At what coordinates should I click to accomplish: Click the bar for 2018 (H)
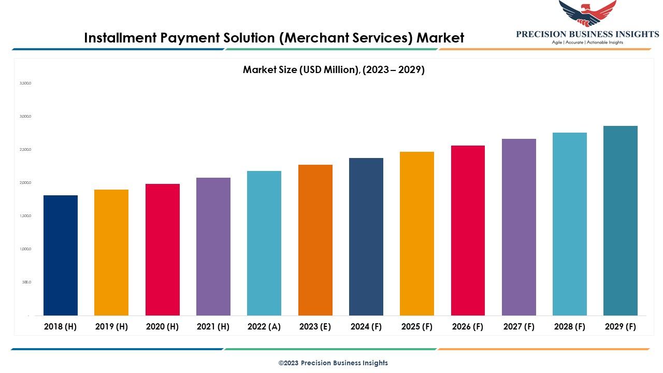pyautogui.click(x=61, y=255)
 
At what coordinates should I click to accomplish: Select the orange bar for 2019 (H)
pyautogui.click(x=111, y=252)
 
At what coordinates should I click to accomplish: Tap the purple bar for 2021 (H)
pyautogui.click(x=213, y=247)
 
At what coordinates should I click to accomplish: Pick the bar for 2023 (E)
pyautogui.click(x=315, y=240)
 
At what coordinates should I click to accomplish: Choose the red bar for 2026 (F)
pyautogui.click(x=468, y=231)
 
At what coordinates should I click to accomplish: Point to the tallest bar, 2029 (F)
pyautogui.click(x=621, y=221)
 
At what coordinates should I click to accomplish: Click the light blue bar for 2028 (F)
pyautogui.click(x=570, y=224)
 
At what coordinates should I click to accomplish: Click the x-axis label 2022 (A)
pyautogui.click(x=264, y=326)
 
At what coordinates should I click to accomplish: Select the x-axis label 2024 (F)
pyautogui.click(x=366, y=326)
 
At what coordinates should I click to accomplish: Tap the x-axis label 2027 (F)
pyautogui.click(x=518, y=326)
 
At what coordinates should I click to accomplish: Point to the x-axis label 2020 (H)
pyautogui.click(x=162, y=326)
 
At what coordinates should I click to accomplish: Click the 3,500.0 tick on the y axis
pyautogui.click(x=25, y=83)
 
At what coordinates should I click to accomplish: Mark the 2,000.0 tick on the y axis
pyautogui.click(x=25, y=183)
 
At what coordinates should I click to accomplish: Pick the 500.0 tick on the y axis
pyautogui.click(x=26, y=282)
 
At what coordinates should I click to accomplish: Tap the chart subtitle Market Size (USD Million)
pyautogui.click(x=301, y=69)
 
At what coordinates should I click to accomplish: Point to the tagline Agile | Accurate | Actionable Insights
pyautogui.click(x=587, y=42)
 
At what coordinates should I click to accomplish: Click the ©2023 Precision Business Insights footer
pyautogui.click(x=333, y=363)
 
